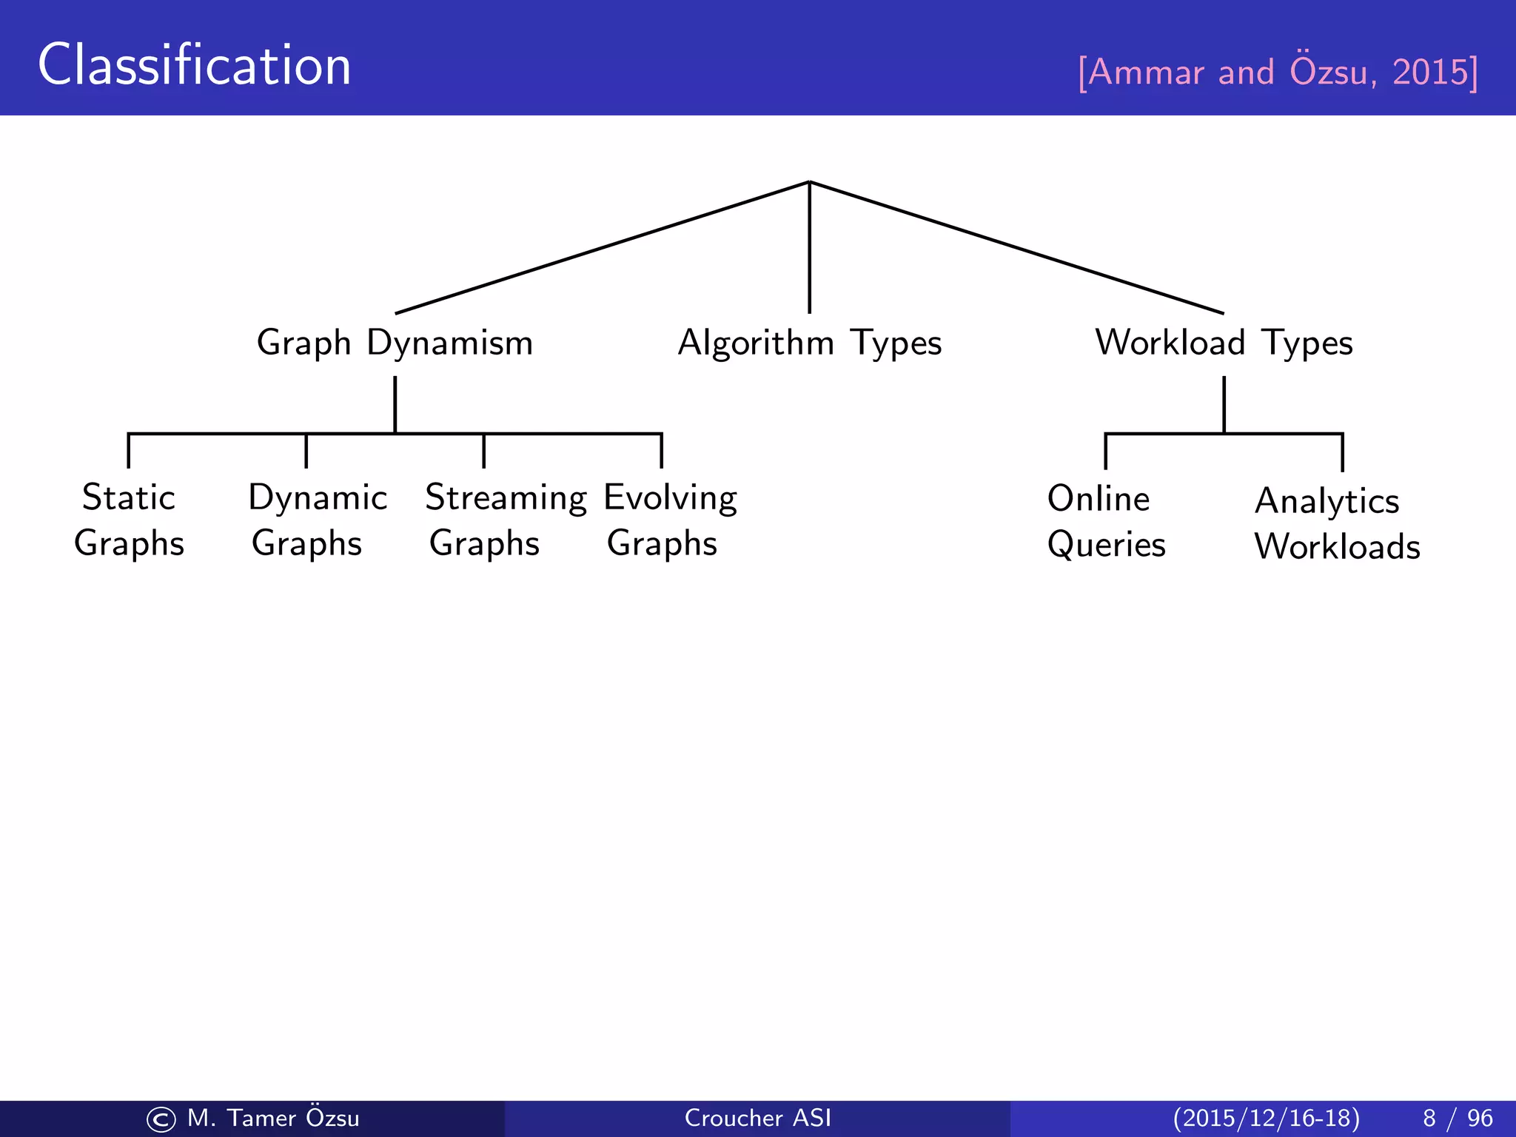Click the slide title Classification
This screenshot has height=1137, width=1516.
click(194, 65)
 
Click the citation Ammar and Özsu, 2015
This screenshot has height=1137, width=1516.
click(1278, 73)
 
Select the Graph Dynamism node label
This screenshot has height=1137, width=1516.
click(395, 343)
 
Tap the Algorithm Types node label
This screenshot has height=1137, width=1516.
click(809, 343)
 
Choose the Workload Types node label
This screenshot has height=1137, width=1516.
click(1224, 343)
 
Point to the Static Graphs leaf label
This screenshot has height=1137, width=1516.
click(129, 520)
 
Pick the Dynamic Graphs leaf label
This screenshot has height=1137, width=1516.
click(317, 520)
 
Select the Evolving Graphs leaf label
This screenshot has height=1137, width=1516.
click(669, 520)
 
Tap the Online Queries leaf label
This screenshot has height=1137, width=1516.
click(1105, 521)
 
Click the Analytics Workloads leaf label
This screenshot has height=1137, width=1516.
click(1336, 523)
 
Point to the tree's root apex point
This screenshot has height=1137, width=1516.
click(809, 181)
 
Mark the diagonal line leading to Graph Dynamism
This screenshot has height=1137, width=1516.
click(601, 248)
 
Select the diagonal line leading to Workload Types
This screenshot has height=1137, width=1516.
click(1017, 248)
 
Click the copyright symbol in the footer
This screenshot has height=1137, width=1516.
click(161, 1119)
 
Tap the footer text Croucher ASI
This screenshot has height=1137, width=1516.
click(757, 1118)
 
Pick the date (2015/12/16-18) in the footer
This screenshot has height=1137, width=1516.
click(1266, 1118)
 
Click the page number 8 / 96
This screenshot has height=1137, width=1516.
click(1457, 1118)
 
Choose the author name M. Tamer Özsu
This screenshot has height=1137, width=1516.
click(273, 1117)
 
